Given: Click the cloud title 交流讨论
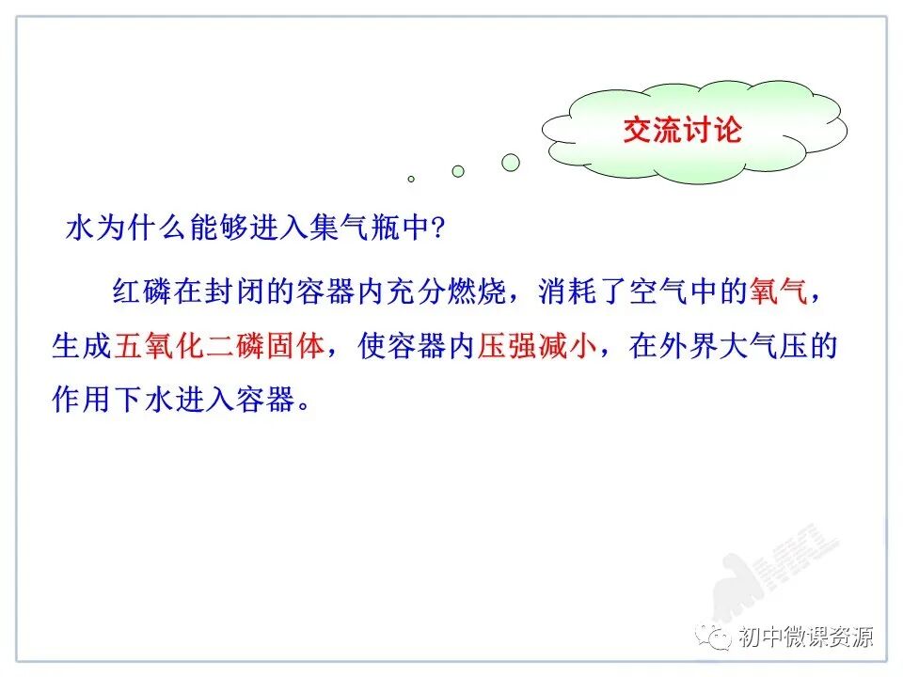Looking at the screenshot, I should point(682,130).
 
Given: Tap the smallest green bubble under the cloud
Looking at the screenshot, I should point(411,178).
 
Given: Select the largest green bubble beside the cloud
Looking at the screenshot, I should point(511,163).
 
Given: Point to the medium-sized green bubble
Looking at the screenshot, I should point(458,171).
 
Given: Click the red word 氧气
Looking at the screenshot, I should point(778,293).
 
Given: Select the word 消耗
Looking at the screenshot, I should point(567,293).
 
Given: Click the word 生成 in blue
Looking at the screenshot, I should point(82,347).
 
